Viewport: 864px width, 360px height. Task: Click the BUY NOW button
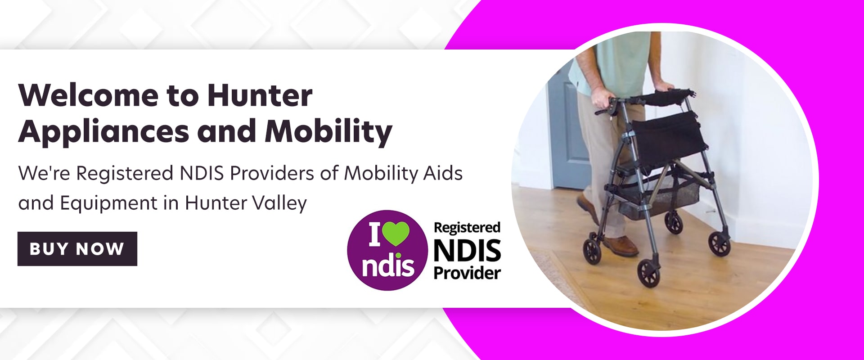(x=77, y=249)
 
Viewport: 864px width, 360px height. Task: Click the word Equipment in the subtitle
(x=108, y=203)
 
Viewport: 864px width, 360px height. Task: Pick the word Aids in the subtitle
(x=443, y=173)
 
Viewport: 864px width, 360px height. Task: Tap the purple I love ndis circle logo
(x=387, y=250)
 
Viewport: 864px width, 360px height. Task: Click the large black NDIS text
(x=467, y=251)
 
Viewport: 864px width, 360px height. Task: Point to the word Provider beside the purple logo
(x=467, y=273)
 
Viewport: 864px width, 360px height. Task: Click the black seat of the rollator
(x=668, y=135)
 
